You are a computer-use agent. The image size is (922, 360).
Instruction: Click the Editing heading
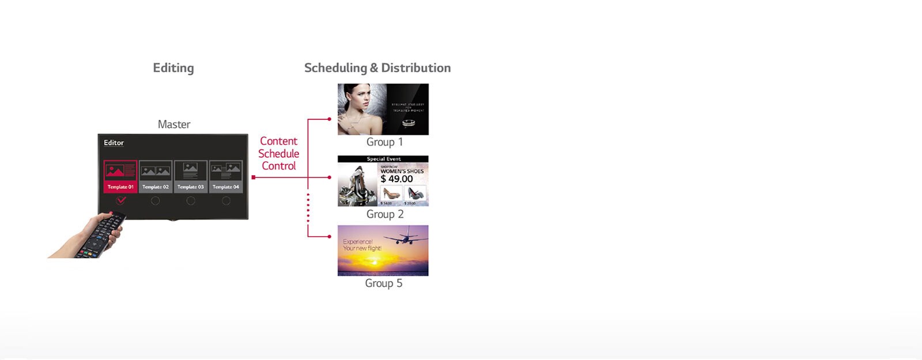[173, 68]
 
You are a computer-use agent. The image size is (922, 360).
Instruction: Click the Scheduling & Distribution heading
[377, 68]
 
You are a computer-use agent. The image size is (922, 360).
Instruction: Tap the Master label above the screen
[174, 124]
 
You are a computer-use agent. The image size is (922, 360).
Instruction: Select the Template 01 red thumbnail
[120, 176]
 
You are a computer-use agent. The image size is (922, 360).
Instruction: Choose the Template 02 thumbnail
[156, 176]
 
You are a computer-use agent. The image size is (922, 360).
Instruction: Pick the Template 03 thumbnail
[191, 176]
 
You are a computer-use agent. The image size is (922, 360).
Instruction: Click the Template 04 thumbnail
[226, 176]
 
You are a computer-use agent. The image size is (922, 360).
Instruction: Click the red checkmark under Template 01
[121, 200]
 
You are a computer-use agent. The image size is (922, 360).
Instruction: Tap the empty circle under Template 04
[226, 200]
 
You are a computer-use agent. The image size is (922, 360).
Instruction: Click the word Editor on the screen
[114, 143]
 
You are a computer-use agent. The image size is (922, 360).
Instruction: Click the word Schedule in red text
[278, 154]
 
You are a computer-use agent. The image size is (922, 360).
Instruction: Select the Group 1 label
[384, 142]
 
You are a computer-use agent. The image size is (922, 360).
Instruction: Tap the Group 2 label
[384, 214]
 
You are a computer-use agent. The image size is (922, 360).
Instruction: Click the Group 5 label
[383, 283]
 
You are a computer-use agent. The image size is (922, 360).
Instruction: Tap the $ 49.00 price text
[396, 179]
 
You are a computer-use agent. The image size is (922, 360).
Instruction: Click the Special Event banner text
[383, 159]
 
